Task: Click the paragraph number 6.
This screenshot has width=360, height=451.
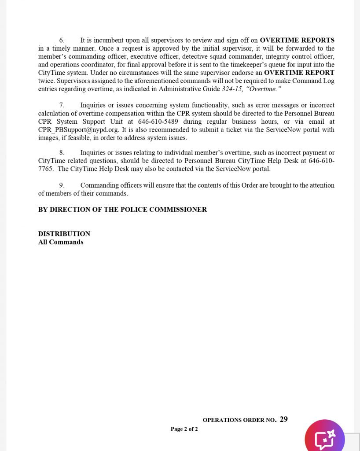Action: (x=62, y=41)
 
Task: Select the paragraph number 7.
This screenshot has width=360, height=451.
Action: (x=62, y=105)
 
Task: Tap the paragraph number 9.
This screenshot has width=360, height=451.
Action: (x=62, y=185)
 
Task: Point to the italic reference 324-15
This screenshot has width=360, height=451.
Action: (x=232, y=89)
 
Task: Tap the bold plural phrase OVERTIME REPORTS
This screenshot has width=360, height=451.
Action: (x=297, y=41)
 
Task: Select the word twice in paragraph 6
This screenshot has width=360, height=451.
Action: (x=46, y=81)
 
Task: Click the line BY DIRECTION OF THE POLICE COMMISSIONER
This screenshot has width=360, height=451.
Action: (x=122, y=210)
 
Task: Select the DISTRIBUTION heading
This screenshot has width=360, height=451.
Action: (x=64, y=234)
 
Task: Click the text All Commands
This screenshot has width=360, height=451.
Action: (x=61, y=242)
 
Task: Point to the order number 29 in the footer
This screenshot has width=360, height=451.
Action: (x=283, y=419)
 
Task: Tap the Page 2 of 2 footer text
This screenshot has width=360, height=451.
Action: (x=184, y=429)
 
